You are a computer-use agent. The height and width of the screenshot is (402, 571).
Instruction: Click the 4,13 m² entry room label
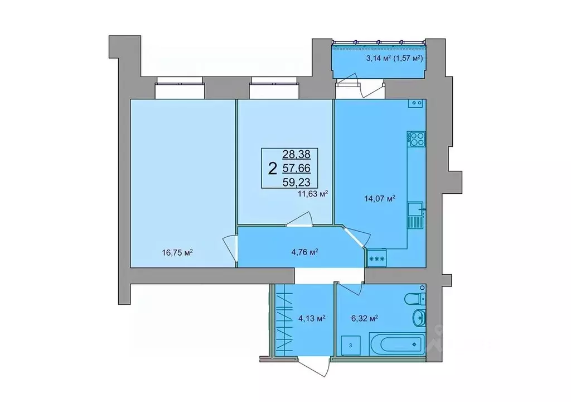pos(312,319)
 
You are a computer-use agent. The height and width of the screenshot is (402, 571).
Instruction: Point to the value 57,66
pos(299,167)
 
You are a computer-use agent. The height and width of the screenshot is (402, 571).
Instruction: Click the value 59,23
pos(299,181)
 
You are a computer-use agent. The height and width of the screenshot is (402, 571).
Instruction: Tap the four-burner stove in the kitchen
pos(415,138)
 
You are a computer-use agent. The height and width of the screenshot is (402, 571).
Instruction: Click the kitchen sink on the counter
pos(414,215)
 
